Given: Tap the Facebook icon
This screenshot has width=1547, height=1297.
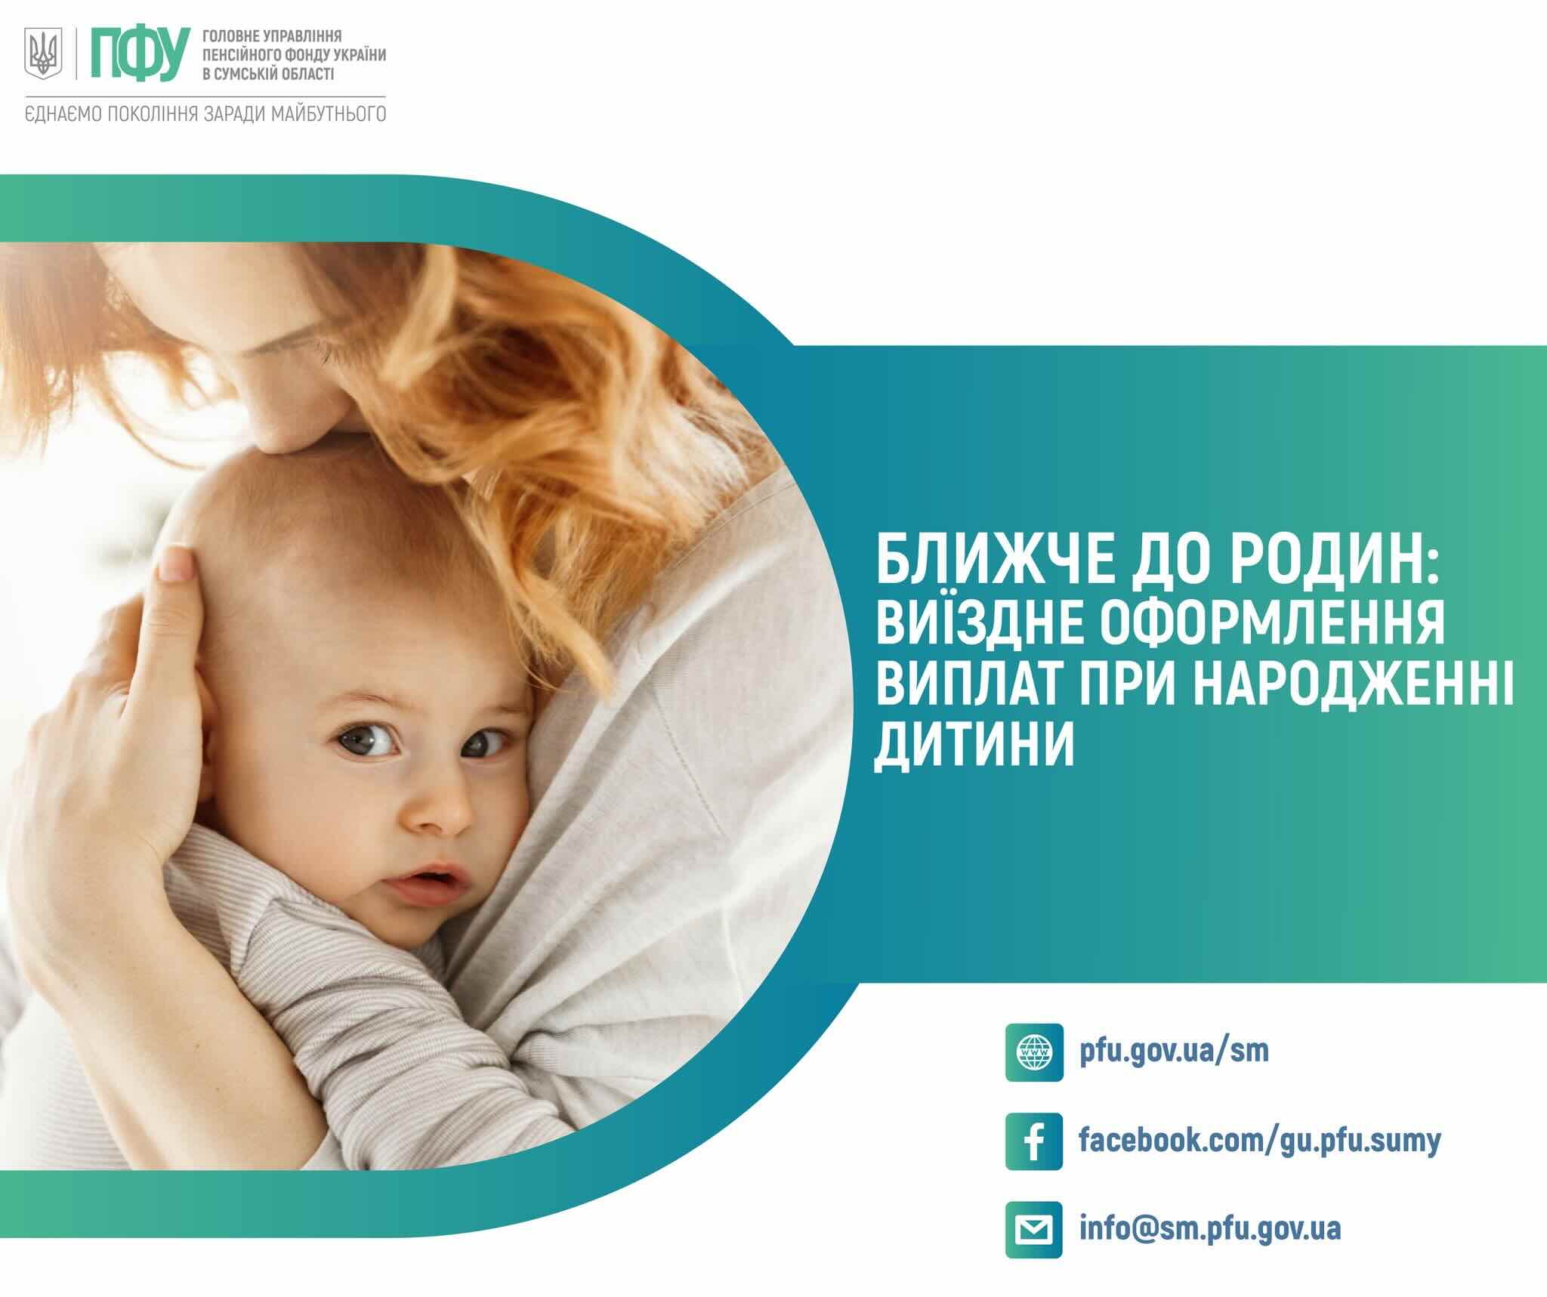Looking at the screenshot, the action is pos(1034,1141).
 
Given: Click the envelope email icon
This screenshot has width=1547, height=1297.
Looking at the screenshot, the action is pos(1034,1229).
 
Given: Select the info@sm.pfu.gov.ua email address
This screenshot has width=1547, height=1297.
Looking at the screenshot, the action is pos(1211,1229).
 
